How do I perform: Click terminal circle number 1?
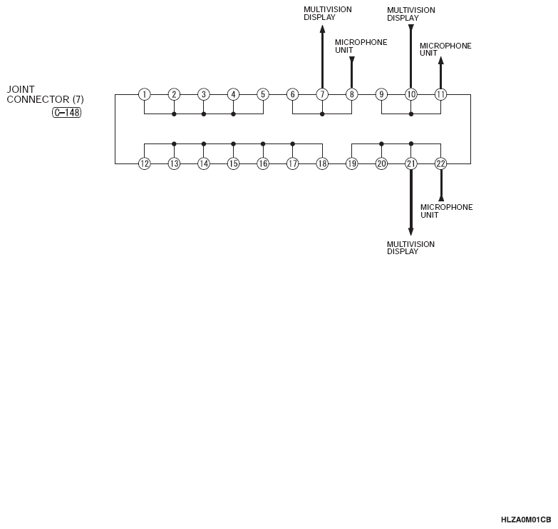144,94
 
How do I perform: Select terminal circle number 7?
322,94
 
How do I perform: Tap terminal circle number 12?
144,163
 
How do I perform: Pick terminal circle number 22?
440,163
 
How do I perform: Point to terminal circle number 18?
322,163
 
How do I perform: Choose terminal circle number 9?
381,94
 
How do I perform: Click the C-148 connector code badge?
67,113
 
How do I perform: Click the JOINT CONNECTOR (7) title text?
45,94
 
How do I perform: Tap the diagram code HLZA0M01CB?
526,520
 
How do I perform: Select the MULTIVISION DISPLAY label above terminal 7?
327,13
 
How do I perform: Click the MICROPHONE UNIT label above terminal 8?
361,46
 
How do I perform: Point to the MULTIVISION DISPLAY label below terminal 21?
410,248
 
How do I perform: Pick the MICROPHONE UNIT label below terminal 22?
446,211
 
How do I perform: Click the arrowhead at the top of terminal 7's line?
322,29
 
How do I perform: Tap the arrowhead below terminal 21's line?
411,231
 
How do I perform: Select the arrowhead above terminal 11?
440,61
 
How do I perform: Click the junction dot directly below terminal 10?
411,114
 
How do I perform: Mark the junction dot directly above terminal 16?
263,143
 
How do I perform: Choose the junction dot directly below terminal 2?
174,114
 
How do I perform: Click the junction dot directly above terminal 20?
381,143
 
